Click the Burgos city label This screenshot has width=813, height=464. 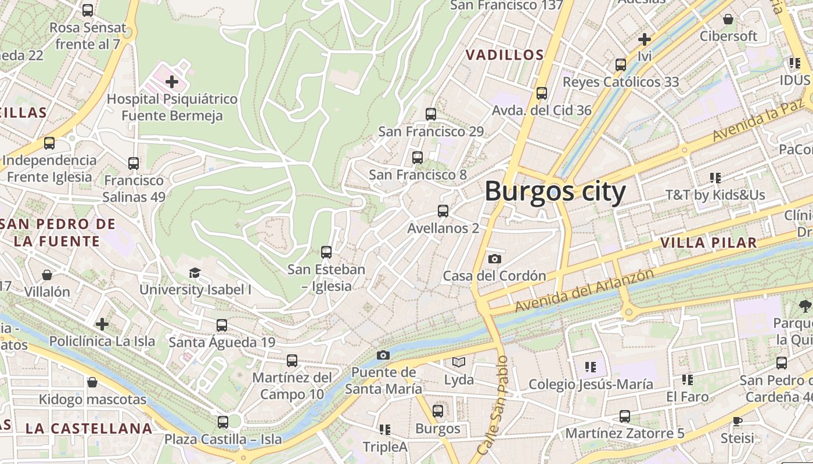pyautogui.click(x=555, y=191)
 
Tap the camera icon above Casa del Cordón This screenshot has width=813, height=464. pyautogui.click(x=494, y=259)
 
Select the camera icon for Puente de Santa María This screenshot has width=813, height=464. pyautogui.click(x=383, y=355)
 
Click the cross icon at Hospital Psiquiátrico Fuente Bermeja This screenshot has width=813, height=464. pyautogui.click(x=172, y=82)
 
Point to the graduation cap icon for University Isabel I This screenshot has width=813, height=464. pyautogui.click(x=195, y=273)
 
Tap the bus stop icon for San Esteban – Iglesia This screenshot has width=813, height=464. pyautogui.click(x=326, y=252)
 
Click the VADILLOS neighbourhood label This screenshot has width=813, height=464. pyautogui.click(x=505, y=55)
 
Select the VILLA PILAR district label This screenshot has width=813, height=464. pyautogui.click(x=708, y=242)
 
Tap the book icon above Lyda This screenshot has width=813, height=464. pyautogui.click(x=459, y=362)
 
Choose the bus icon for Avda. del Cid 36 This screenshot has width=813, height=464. pyautogui.click(x=542, y=93)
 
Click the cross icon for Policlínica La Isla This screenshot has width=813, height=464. pyautogui.click(x=102, y=324)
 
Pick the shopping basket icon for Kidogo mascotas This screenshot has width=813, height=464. pyautogui.click(x=92, y=382)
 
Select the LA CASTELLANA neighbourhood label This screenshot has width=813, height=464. pyautogui.click(x=88, y=429)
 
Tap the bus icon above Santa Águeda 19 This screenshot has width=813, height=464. pyautogui.click(x=222, y=325)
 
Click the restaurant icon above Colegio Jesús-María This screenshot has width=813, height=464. pyautogui.click(x=591, y=367)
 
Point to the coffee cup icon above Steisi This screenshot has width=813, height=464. pyautogui.click(x=737, y=420)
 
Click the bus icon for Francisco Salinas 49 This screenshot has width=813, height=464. pyautogui.click(x=134, y=164)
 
